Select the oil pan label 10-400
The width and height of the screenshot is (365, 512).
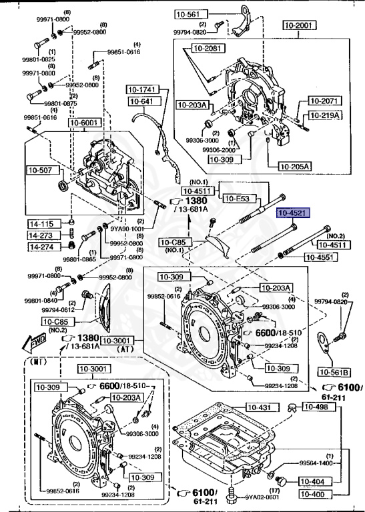[312, 494]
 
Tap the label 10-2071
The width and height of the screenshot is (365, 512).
[325, 101]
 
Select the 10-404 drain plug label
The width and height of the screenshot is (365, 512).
[312, 481]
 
